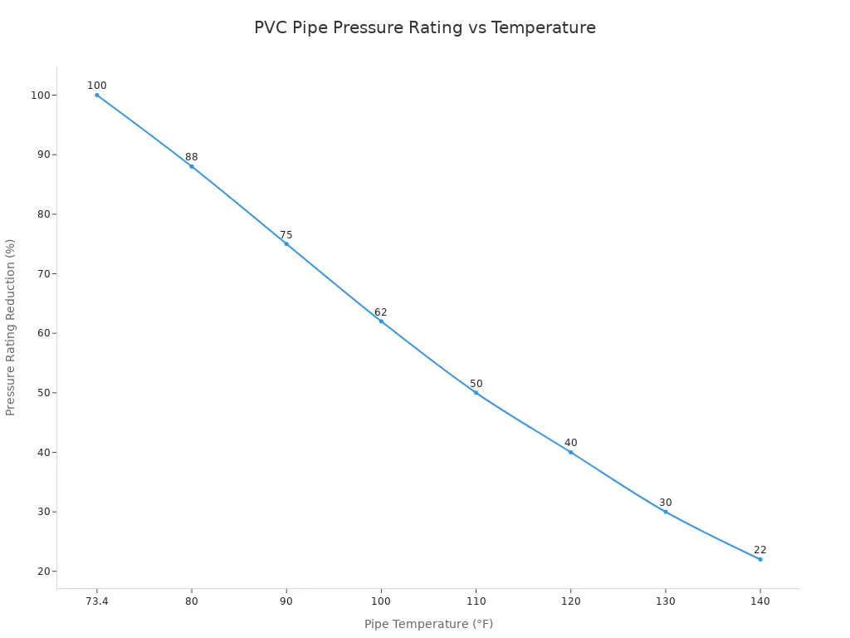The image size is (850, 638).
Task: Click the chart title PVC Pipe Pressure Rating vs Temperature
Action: point(424,27)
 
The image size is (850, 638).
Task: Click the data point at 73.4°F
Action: point(97,95)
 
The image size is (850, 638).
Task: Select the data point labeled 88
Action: point(192,166)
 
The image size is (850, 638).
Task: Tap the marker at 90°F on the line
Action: point(286,243)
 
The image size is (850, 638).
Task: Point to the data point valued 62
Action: point(381,321)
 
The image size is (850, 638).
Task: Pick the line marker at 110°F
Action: point(476,392)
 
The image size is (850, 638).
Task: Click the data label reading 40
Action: point(570,443)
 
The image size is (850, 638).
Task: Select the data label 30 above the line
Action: point(665,503)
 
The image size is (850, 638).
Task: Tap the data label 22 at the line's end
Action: point(760,550)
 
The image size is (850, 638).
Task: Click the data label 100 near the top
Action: point(97,86)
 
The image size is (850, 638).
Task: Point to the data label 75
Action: point(286,235)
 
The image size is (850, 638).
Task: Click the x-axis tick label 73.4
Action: point(97,601)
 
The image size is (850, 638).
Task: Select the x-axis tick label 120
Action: point(570,601)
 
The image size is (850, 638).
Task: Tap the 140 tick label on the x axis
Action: point(760,601)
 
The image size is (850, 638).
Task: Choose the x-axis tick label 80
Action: point(192,601)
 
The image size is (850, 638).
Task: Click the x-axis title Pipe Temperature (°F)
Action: point(428,624)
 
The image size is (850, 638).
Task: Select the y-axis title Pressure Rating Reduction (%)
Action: point(11,326)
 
